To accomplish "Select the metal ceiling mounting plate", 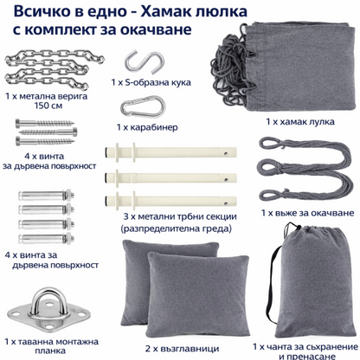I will (36, 299).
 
